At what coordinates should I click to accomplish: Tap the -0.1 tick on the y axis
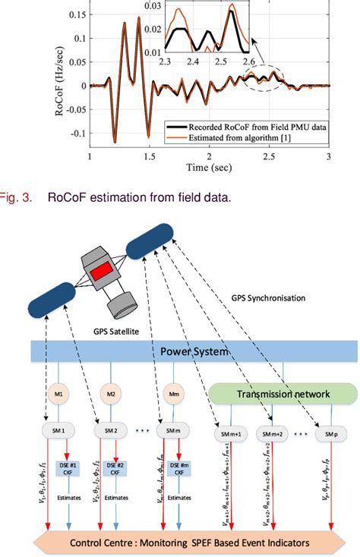pyautogui.click(x=76, y=134)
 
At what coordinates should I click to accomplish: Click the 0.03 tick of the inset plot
pyautogui.click(x=165, y=6)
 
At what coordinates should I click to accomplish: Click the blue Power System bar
pyautogui.click(x=194, y=351)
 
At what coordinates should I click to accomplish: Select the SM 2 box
pyautogui.click(x=110, y=430)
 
